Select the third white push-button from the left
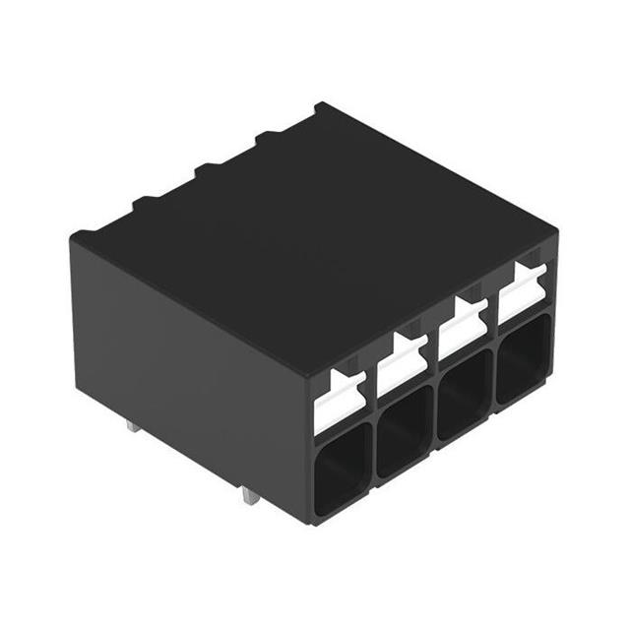[x=459, y=333]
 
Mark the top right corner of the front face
[x=555, y=236]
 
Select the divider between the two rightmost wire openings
[x=492, y=380]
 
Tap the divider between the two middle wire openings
[x=433, y=416]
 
